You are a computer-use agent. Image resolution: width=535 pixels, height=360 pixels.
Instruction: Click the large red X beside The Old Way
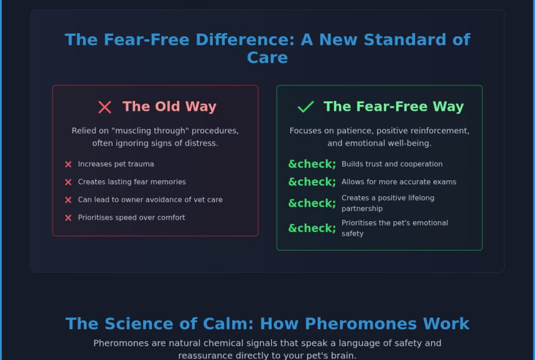click(x=105, y=107)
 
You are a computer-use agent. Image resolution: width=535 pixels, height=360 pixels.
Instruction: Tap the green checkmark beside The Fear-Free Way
click(x=306, y=107)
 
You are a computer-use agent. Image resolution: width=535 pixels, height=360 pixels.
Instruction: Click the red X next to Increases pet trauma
click(x=68, y=164)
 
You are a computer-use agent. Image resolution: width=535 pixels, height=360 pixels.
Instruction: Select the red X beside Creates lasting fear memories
click(x=68, y=182)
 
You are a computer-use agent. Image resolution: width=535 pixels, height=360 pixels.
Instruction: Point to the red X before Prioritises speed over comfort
click(x=68, y=218)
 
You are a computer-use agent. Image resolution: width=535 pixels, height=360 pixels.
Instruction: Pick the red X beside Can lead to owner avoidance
click(x=68, y=200)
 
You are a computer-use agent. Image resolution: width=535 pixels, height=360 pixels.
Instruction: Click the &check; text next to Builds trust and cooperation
click(x=312, y=164)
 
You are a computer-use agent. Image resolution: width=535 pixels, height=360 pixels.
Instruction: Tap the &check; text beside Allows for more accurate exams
click(x=312, y=182)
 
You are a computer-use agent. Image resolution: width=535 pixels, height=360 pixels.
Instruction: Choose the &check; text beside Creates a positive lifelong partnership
click(x=312, y=203)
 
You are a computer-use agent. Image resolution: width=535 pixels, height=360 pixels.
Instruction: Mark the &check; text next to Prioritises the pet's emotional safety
click(x=312, y=228)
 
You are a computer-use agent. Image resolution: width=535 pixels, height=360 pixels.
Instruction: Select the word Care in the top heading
click(x=268, y=58)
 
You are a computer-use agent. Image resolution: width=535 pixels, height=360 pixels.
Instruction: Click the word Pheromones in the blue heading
click(x=361, y=324)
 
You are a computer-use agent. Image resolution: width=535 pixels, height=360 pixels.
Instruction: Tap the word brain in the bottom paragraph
click(x=344, y=356)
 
